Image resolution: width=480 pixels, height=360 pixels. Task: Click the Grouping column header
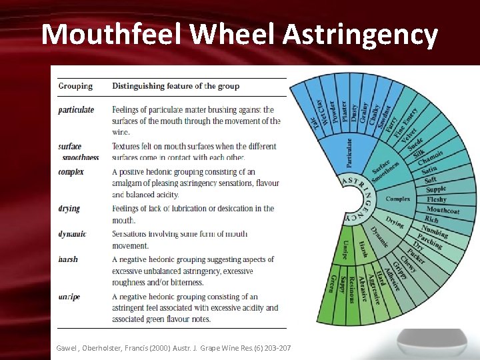pyautogui.click(x=75, y=86)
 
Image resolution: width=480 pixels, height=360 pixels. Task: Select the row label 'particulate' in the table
pyautogui.click(x=76, y=109)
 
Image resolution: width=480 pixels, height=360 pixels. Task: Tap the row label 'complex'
pyautogui.click(x=71, y=171)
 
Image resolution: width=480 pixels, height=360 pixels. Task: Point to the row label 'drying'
pyautogui.click(x=69, y=209)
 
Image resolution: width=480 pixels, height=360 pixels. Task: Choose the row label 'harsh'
pyautogui.click(x=68, y=259)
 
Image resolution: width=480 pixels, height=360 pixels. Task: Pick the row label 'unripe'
pyautogui.click(x=69, y=297)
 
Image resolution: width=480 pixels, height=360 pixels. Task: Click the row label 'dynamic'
pyautogui.click(x=72, y=234)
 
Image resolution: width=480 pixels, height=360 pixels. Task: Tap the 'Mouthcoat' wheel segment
pyautogui.click(x=443, y=210)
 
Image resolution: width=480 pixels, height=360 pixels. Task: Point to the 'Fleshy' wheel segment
pyautogui.click(x=437, y=199)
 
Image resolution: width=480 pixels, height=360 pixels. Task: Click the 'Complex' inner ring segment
pyautogui.click(x=398, y=199)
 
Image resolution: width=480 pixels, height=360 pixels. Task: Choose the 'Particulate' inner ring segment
pyautogui.click(x=349, y=152)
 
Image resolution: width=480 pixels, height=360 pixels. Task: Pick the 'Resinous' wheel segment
pyautogui.click(x=351, y=288)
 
